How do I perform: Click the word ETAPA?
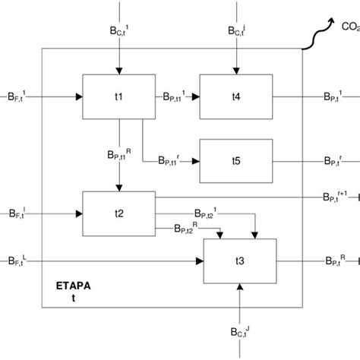click(74, 289)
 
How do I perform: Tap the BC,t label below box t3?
click(242, 331)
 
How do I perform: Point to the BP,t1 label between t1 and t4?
click(173, 96)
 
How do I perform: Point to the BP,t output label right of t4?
click(335, 96)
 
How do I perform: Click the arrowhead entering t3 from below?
click(239, 288)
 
